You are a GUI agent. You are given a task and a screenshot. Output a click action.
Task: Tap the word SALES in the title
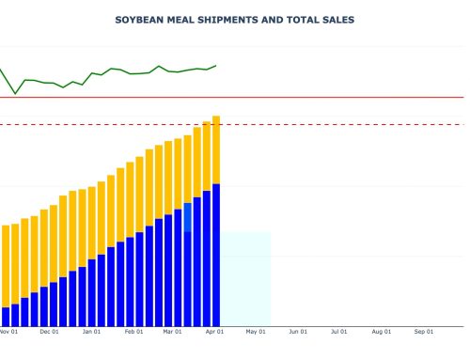(337, 20)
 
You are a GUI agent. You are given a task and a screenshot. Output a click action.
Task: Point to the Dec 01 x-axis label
(49, 332)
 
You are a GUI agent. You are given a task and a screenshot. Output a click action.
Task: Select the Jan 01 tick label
(91, 332)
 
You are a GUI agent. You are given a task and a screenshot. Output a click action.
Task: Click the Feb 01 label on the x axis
(133, 332)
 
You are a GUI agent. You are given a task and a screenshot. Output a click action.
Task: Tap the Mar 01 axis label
(173, 332)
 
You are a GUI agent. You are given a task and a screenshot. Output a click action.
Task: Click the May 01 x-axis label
(257, 332)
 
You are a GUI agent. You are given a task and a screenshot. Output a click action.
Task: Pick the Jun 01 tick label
(299, 332)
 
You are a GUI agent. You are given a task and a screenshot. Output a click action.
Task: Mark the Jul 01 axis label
(339, 332)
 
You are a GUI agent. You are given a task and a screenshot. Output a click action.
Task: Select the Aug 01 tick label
(382, 332)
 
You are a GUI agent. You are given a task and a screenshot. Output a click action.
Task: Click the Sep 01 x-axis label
(424, 332)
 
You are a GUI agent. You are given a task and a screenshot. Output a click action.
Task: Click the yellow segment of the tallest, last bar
(216, 150)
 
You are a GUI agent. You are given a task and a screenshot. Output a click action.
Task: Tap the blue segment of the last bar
(216, 254)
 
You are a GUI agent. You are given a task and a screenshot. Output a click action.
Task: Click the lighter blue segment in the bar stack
(188, 217)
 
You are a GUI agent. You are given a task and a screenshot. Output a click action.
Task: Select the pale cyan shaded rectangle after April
(246, 277)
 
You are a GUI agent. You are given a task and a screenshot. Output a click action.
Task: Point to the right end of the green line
(216, 66)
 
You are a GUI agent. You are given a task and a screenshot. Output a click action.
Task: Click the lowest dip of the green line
(15, 94)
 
